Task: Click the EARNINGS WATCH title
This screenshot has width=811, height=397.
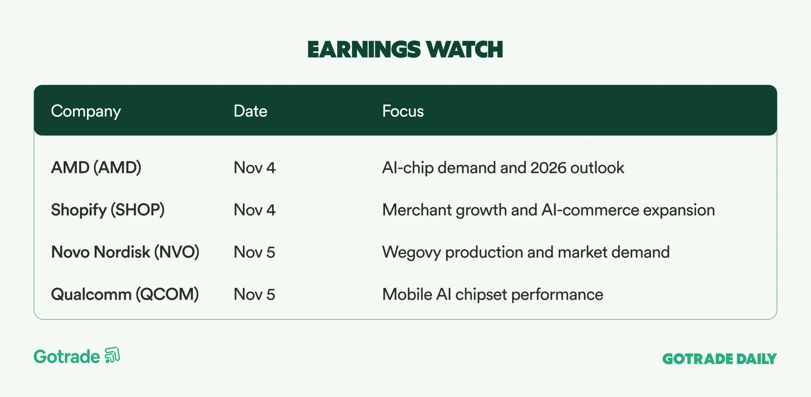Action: pos(405,49)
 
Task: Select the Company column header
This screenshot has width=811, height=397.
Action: pos(86,112)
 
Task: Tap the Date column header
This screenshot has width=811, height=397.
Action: pos(251,111)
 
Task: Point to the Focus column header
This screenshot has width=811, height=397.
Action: pos(403,111)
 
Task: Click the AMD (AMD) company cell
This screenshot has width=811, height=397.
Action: pos(96,168)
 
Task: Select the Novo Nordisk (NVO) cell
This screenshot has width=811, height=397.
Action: pos(125,252)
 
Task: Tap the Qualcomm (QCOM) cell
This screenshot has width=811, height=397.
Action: pos(125,294)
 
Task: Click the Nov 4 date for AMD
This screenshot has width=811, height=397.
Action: pos(255,168)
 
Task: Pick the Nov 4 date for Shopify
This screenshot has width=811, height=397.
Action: pos(255,210)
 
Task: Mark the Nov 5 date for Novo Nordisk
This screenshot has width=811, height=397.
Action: pos(255,252)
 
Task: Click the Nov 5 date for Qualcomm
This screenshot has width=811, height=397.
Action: pos(255,294)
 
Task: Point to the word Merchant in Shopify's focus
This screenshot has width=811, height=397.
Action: pos(417,210)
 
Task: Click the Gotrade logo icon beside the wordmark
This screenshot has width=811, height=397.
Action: pos(112,355)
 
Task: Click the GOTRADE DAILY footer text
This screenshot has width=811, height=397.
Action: pos(720,359)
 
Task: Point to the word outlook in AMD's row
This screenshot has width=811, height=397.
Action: pos(597,168)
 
